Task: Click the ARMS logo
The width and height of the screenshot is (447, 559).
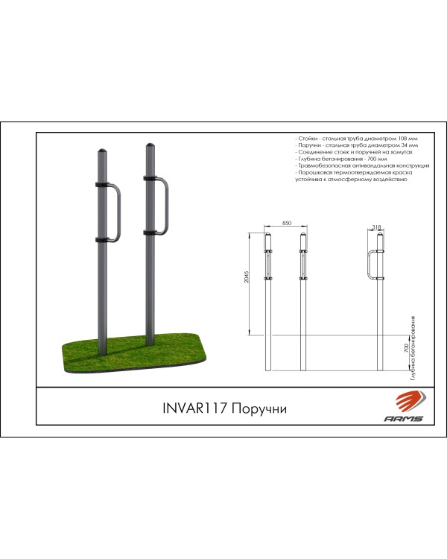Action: tap(405, 411)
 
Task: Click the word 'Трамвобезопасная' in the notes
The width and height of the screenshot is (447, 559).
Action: tap(325, 166)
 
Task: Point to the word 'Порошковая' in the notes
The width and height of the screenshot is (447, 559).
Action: tap(316, 173)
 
